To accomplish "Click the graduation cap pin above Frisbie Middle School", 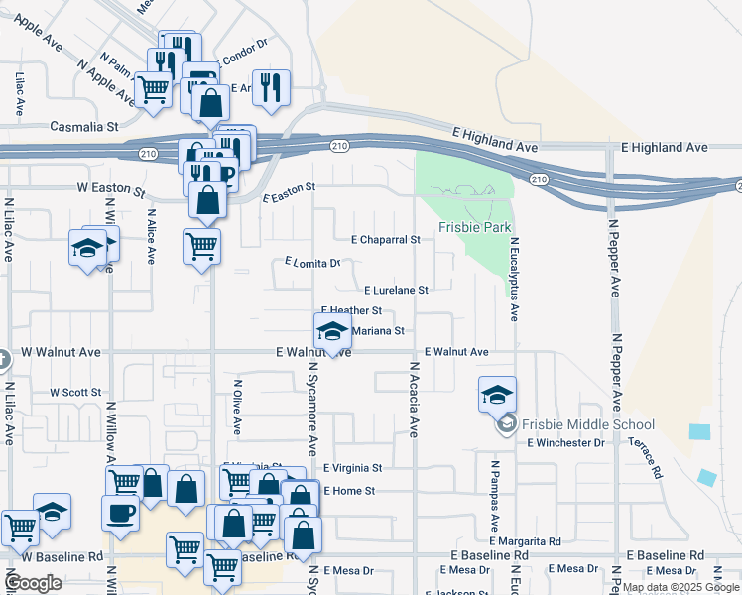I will click(497, 395).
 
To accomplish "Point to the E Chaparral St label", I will click(386, 240).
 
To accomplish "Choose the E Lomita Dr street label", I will click(312, 263).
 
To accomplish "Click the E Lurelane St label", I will click(396, 291).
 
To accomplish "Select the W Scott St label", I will click(76, 393).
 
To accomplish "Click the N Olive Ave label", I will click(237, 406).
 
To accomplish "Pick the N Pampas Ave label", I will click(493, 493).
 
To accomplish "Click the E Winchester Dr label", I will click(565, 442).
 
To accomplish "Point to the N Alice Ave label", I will click(151, 235).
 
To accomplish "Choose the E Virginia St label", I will click(352, 468).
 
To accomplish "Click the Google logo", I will click(33, 583).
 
